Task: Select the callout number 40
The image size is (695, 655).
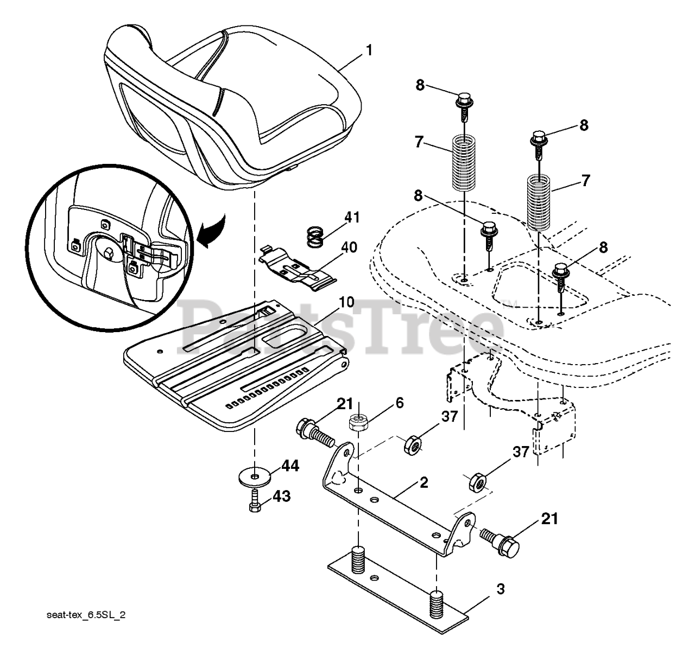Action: [x=349, y=247]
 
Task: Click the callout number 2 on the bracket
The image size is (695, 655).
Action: [x=424, y=482]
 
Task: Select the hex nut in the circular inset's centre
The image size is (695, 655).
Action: [x=108, y=253]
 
